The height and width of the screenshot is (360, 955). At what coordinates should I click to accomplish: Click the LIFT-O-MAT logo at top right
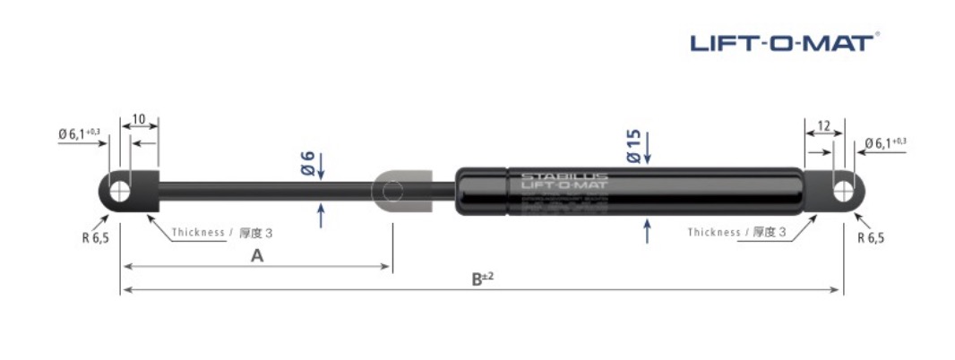784,41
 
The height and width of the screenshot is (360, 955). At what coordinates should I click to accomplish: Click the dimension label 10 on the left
139,118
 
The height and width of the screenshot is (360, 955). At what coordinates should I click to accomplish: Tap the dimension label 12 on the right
823,125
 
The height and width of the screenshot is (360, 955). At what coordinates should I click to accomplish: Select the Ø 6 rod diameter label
306,163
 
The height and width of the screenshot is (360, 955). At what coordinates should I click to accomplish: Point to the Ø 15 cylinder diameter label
633,145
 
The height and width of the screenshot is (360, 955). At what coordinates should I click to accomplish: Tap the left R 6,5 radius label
94,238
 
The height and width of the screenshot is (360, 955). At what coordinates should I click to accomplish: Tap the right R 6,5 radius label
872,238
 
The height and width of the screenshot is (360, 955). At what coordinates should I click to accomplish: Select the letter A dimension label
257,256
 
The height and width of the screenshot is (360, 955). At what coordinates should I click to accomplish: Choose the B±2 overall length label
483,279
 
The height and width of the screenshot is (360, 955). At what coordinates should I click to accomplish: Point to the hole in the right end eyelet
843,190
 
